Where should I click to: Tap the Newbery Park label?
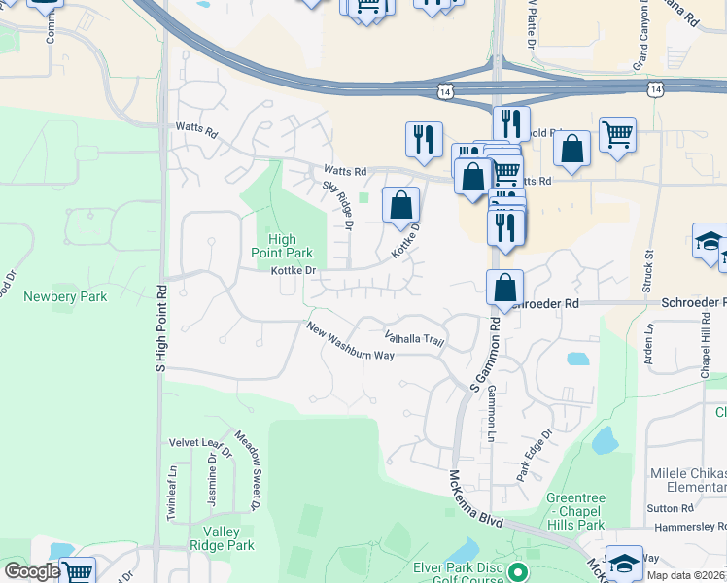tap(64, 296)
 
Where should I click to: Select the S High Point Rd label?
tap(161, 329)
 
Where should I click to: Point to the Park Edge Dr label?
tap(534, 455)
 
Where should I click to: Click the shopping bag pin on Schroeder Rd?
tap(504, 288)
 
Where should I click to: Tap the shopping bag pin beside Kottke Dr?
tap(400, 205)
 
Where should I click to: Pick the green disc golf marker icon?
tap(517, 571)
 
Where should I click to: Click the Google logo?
tap(31, 571)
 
